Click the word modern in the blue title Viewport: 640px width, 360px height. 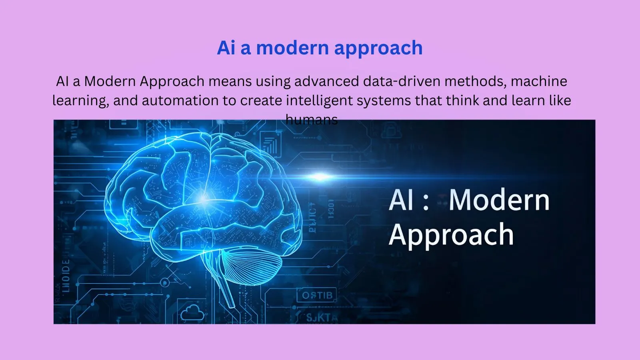click(292, 48)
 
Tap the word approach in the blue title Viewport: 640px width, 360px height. click(378, 49)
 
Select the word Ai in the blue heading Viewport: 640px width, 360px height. click(226, 48)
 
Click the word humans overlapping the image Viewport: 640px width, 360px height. click(312, 119)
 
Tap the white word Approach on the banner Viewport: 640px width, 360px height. click(451, 235)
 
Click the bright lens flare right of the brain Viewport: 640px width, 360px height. click(320, 176)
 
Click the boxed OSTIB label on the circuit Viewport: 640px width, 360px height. click(317, 296)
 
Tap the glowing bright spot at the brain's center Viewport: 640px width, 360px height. click(204, 199)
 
